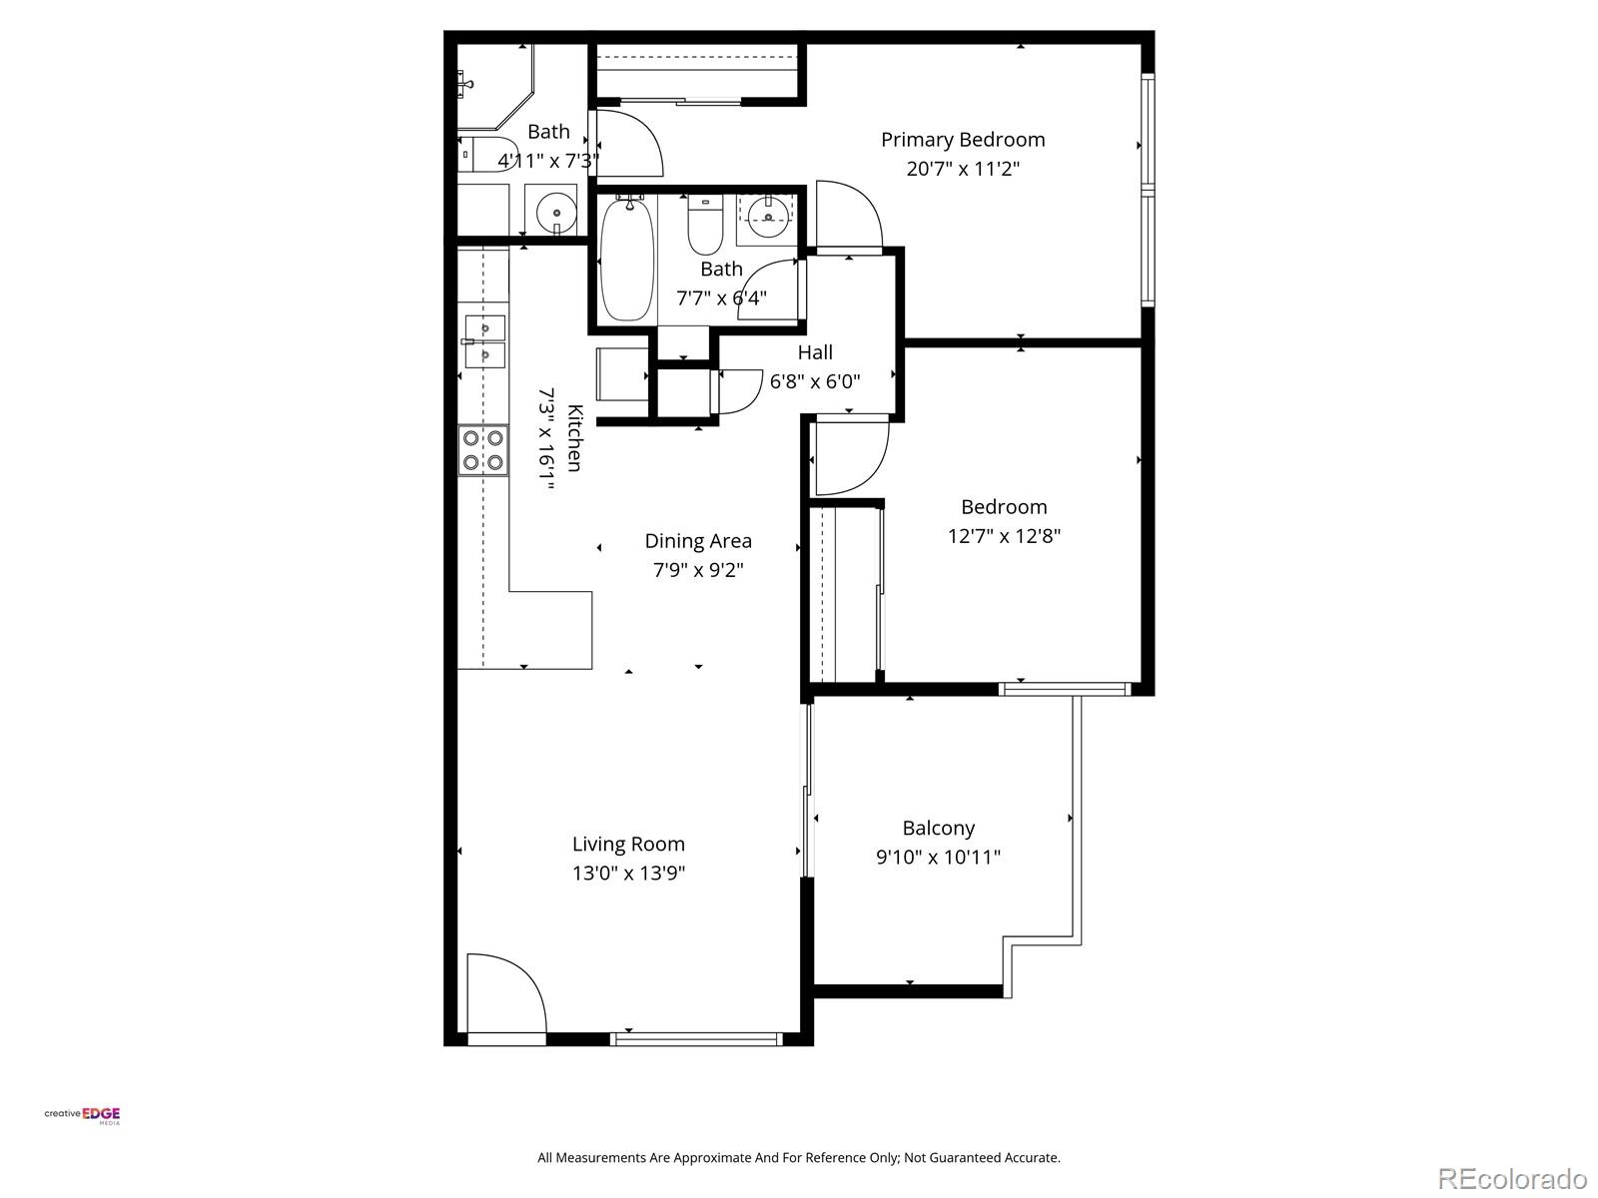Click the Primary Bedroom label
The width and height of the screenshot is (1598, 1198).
point(962,140)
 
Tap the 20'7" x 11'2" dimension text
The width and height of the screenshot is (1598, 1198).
point(962,169)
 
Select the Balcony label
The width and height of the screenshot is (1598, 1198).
point(938,828)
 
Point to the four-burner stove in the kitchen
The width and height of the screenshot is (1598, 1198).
point(482,450)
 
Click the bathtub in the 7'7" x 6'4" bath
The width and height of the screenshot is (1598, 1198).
point(627,259)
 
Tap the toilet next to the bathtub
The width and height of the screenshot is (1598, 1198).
point(705,227)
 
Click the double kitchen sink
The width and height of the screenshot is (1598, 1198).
point(484,341)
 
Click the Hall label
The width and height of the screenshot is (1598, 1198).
point(815,352)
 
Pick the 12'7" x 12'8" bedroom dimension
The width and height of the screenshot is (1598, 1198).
point(1003,536)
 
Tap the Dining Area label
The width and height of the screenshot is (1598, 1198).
point(697,541)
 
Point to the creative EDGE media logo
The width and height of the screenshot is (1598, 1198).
point(83,1116)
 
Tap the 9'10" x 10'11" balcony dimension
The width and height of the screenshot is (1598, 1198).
point(938,857)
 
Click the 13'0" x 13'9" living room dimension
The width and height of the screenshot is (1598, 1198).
point(628,874)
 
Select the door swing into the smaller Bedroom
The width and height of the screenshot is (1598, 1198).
point(848,457)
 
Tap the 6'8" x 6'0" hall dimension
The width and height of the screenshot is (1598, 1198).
point(815,381)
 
